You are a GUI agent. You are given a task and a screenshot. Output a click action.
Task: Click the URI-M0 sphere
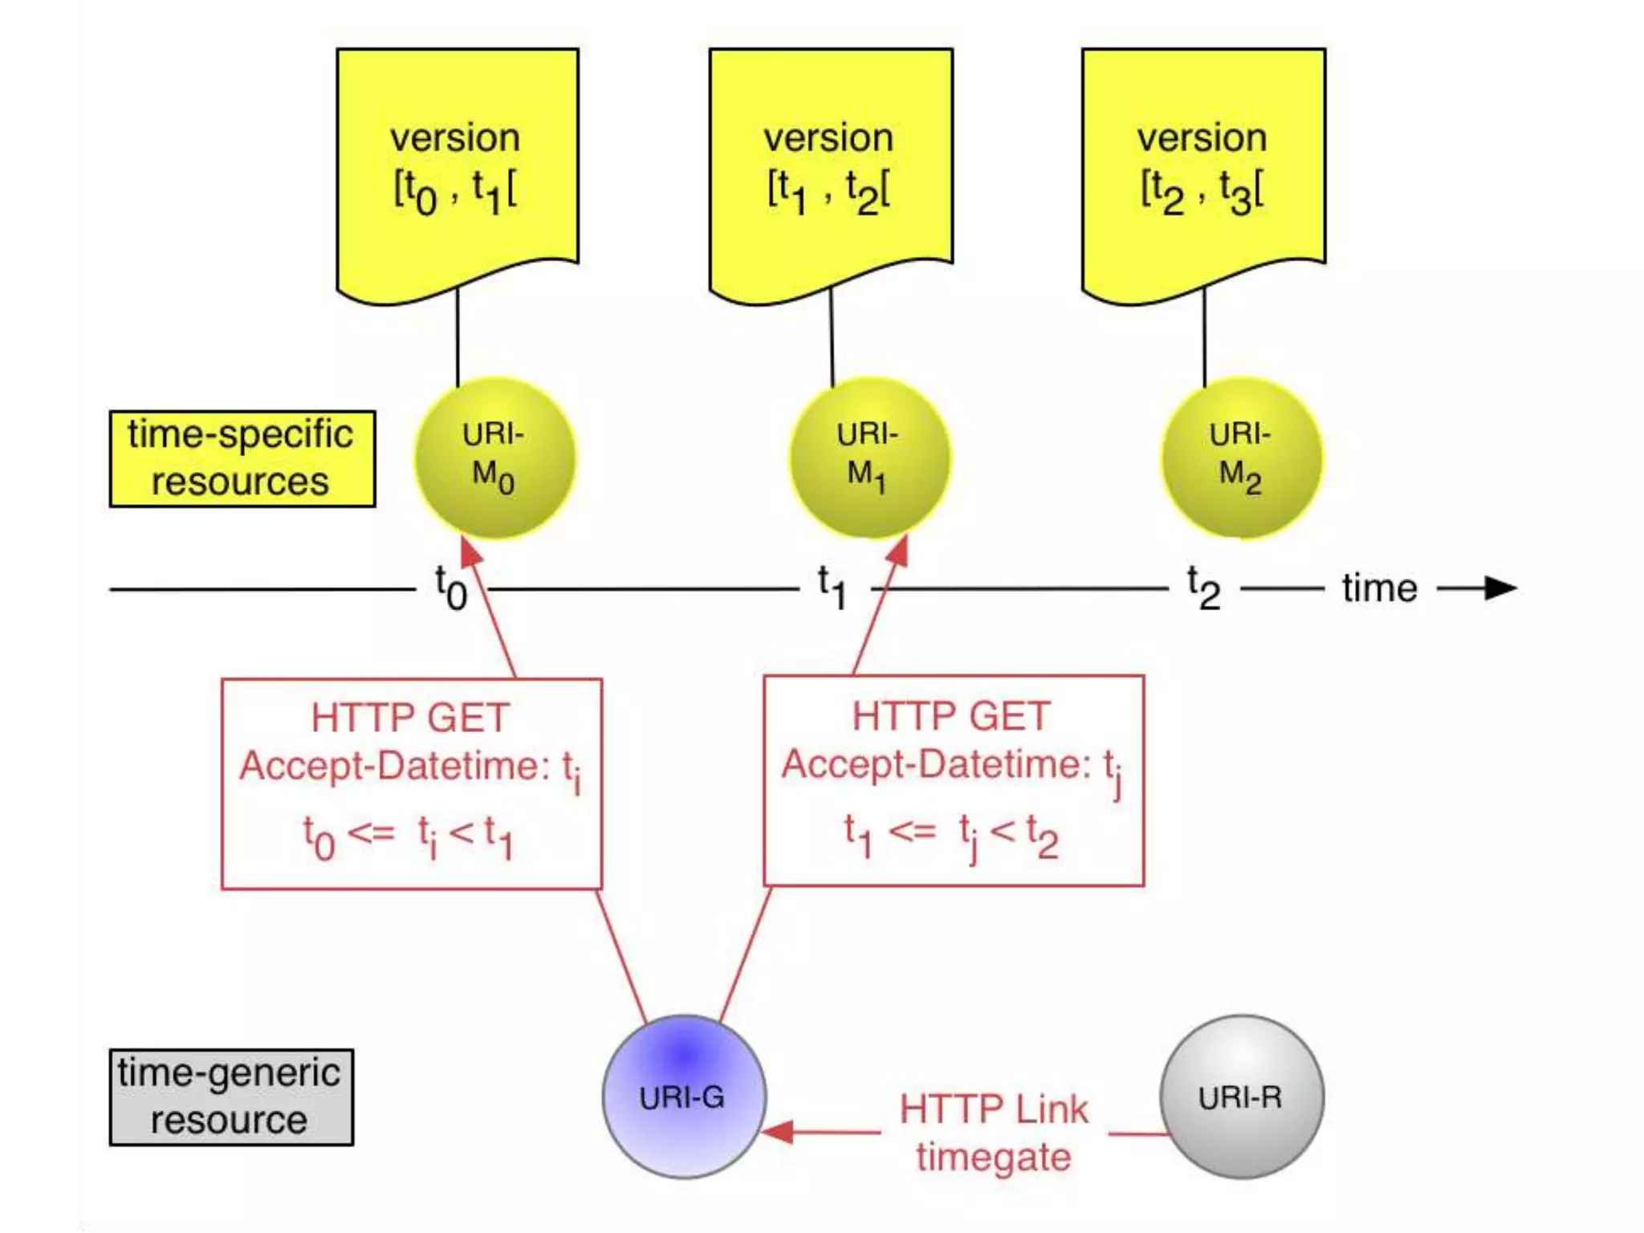pyautogui.click(x=494, y=458)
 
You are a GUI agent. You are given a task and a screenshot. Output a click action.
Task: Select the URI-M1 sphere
pyautogui.click(x=869, y=458)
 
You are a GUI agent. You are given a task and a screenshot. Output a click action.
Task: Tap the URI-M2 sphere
pyautogui.click(x=1242, y=458)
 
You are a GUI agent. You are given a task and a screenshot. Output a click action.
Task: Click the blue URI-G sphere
pyautogui.click(x=684, y=1097)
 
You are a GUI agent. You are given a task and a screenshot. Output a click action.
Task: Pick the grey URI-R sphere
pyautogui.click(x=1241, y=1097)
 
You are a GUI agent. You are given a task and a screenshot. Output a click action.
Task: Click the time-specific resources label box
pyautogui.click(x=242, y=458)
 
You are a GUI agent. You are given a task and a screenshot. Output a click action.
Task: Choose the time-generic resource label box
pyautogui.click(x=231, y=1097)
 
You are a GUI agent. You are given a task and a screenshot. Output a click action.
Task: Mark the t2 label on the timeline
pyautogui.click(x=1203, y=588)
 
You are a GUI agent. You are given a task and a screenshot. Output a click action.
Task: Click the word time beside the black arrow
pyautogui.click(x=1379, y=588)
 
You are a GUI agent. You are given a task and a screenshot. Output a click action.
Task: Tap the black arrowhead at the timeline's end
pyautogui.click(x=1500, y=588)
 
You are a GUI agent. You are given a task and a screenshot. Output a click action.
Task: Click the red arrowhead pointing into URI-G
pyautogui.click(x=777, y=1132)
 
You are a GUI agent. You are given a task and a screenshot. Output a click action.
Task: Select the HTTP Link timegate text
pyautogui.click(x=994, y=1132)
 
